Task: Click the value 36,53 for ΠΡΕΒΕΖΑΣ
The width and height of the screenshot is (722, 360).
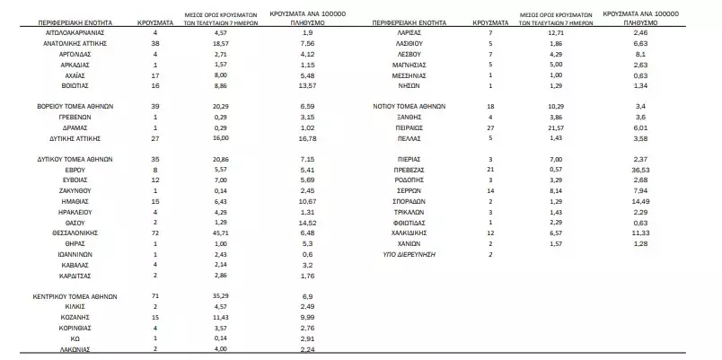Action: pos(640,168)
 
